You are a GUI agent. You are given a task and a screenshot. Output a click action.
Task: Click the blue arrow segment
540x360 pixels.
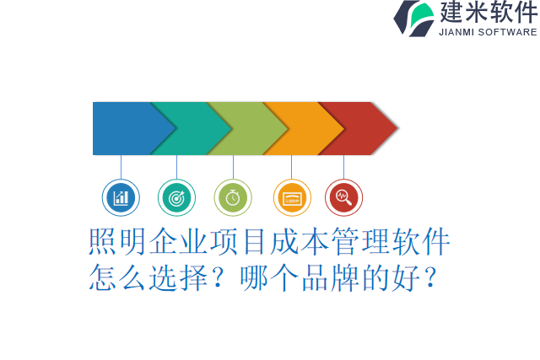click(x=122, y=128)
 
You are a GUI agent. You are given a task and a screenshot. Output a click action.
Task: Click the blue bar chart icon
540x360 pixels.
click(x=121, y=198)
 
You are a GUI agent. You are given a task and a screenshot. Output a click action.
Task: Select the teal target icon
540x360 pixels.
click(x=176, y=198)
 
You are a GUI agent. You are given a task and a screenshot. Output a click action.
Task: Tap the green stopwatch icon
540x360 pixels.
click(x=233, y=198)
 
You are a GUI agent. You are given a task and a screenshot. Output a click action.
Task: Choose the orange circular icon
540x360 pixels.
click(x=292, y=198)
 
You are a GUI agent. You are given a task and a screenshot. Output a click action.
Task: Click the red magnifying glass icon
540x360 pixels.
click(x=343, y=198)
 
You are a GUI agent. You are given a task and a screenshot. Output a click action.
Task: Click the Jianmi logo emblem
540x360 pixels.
click(x=414, y=18)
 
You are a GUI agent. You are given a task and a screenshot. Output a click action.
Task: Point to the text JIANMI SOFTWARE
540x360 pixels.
click(x=488, y=32)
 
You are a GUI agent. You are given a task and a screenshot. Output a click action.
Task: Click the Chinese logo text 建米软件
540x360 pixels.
click(x=489, y=13)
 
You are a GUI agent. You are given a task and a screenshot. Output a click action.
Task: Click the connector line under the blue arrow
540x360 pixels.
click(x=121, y=167)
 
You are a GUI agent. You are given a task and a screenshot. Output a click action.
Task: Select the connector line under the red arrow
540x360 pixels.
click(x=343, y=167)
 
